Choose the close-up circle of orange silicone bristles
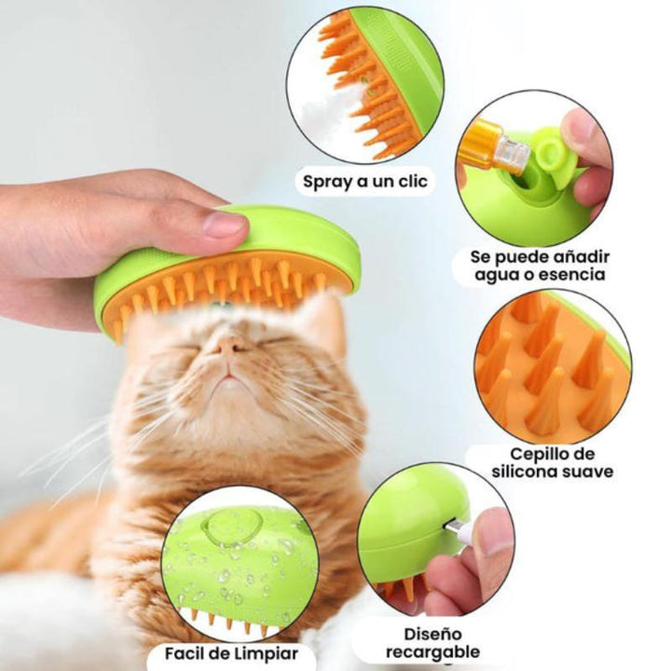tap(553, 365)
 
